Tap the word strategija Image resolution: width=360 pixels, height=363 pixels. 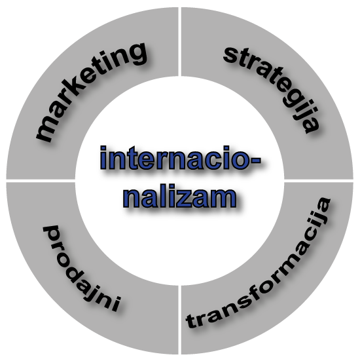[273, 88]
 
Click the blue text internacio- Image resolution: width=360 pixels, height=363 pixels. [181, 159]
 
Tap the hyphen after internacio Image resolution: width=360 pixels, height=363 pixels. [255, 160]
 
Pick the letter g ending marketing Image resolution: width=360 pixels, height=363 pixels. [135, 54]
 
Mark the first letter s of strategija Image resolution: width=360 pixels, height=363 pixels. [231, 54]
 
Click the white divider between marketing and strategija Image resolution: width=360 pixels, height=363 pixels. [179, 42]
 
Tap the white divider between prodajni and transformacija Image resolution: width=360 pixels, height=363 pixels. [179, 320]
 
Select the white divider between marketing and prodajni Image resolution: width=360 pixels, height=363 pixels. [41, 181]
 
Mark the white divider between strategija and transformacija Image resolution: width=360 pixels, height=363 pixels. [319, 181]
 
